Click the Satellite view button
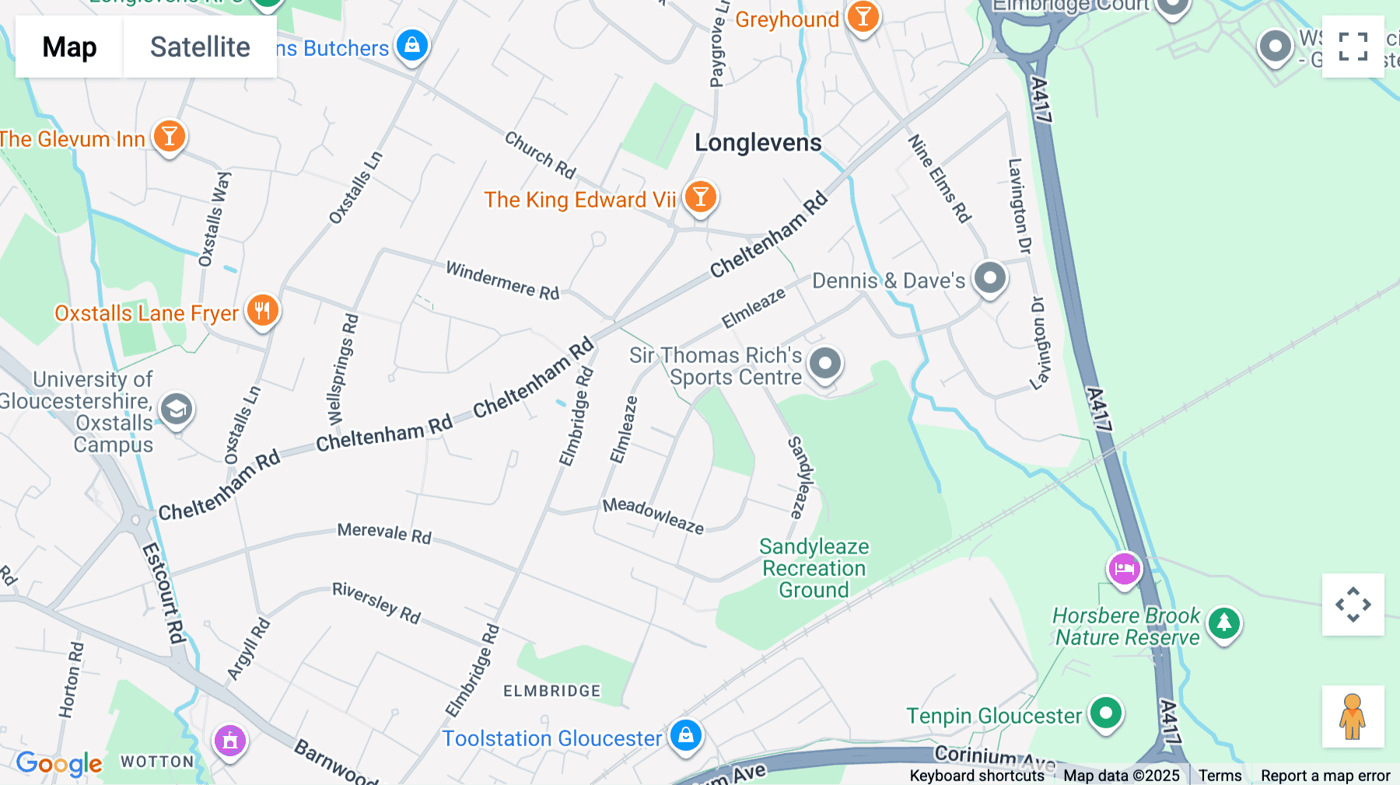(x=200, y=47)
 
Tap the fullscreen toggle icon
(x=1353, y=47)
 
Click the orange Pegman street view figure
(x=1353, y=716)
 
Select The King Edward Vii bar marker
(x=700, y=197)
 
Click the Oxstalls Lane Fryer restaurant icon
(x=263, y=310)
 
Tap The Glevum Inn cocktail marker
(x=169, y=137)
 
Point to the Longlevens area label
(x=758, y=143)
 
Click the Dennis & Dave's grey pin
(x=990, y=277)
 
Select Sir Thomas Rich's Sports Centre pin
(x=825, y=363)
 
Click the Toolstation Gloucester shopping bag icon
(x=686, y=734)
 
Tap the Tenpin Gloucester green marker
(x=1105, y=712)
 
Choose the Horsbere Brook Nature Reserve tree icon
(x=1224, y=623)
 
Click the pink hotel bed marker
(x=1124, y=568)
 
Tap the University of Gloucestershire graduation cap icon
(x=177, y=408)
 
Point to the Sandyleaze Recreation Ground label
(x=814, y=568)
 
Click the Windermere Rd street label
(x=502, y=280)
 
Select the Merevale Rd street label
(x=384, y=533)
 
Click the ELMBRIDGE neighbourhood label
(x=551, y=691)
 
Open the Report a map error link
(x=1325, y=776)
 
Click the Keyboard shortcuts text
(x=977, y=776)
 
